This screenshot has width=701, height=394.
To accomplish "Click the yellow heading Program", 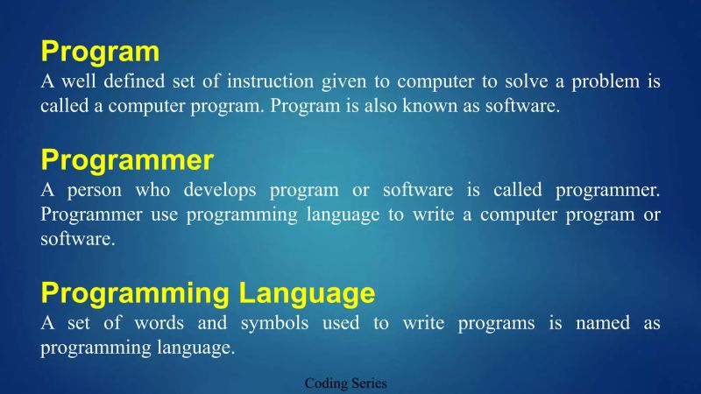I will pyautogui.click(x=100, y=52).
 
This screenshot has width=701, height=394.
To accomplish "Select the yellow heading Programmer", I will pyautogui.click(x=127, y=160).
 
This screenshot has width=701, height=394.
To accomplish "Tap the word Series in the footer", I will pyautogui.click(x=369, y=383).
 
